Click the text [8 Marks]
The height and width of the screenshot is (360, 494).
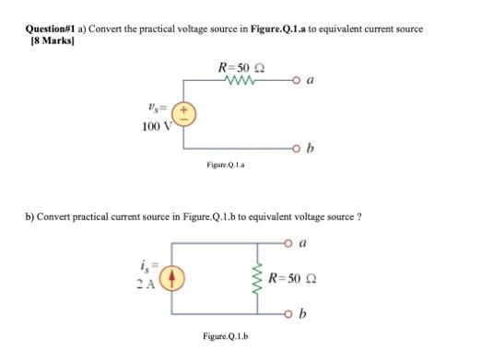pos(45,42)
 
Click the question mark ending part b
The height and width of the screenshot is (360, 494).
pos(358,216)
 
